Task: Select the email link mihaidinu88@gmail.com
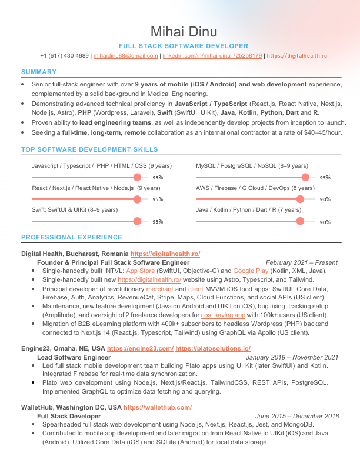pyautogui.click(x=125, y=56)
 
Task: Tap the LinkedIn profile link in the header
pyautogui.click(x=212, y=56)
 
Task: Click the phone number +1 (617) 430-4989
pyautogui.click(x=65, y=56)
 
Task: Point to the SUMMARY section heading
pyautogui.click(x=38, y=72)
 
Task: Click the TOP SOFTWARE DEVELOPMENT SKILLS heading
pyautogui.click(x=89, y=150)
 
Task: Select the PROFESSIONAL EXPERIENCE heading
pyautogui.click(x=72, y=238)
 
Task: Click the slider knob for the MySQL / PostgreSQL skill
pyautogui.click(x=305, y=177)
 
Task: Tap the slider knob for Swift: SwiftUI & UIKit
pyautogui.click(x=138, y=221)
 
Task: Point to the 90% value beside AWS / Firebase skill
pyautogui.click(x=325, y=199)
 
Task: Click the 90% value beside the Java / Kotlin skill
pyautogui.click(x=325, y=222)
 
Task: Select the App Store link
pyautogui.click(x=141, y=271)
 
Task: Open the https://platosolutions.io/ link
pyautogui.click(x=213, y=349)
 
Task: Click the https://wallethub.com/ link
pyautogui.click(x=158, y=407)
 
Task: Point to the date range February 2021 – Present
pyautogui.click(x=302, y=262)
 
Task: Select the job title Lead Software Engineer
pyautogui.click(x=74, y=357)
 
